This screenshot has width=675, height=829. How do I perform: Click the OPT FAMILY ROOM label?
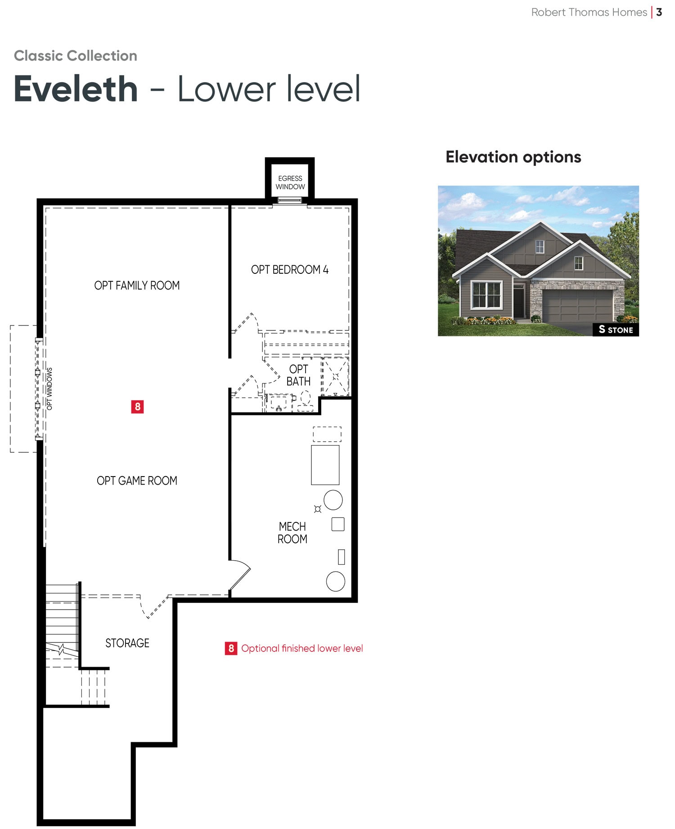137,285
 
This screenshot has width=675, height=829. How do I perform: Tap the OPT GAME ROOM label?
137,481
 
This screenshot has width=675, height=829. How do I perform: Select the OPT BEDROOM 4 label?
290,270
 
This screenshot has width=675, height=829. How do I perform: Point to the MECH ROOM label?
292,533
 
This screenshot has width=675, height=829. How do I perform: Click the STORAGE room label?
127,643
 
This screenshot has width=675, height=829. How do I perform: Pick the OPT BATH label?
299,375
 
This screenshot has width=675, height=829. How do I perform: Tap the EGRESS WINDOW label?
290,183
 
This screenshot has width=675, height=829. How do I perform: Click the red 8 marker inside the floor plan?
137,407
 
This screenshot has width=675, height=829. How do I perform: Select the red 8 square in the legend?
231,648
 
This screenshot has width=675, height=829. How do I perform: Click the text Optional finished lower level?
302,648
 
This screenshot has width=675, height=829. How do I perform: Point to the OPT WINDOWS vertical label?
49,389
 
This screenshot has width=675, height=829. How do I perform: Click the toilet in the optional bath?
306,400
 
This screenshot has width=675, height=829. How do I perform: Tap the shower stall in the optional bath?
335,377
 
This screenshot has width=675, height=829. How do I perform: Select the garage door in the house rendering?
577,306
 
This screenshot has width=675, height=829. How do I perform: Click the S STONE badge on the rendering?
616,330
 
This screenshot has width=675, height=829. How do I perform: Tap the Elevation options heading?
513,157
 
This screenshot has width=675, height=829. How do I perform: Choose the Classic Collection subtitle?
76,56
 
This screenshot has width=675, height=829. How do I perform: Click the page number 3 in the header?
659,12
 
